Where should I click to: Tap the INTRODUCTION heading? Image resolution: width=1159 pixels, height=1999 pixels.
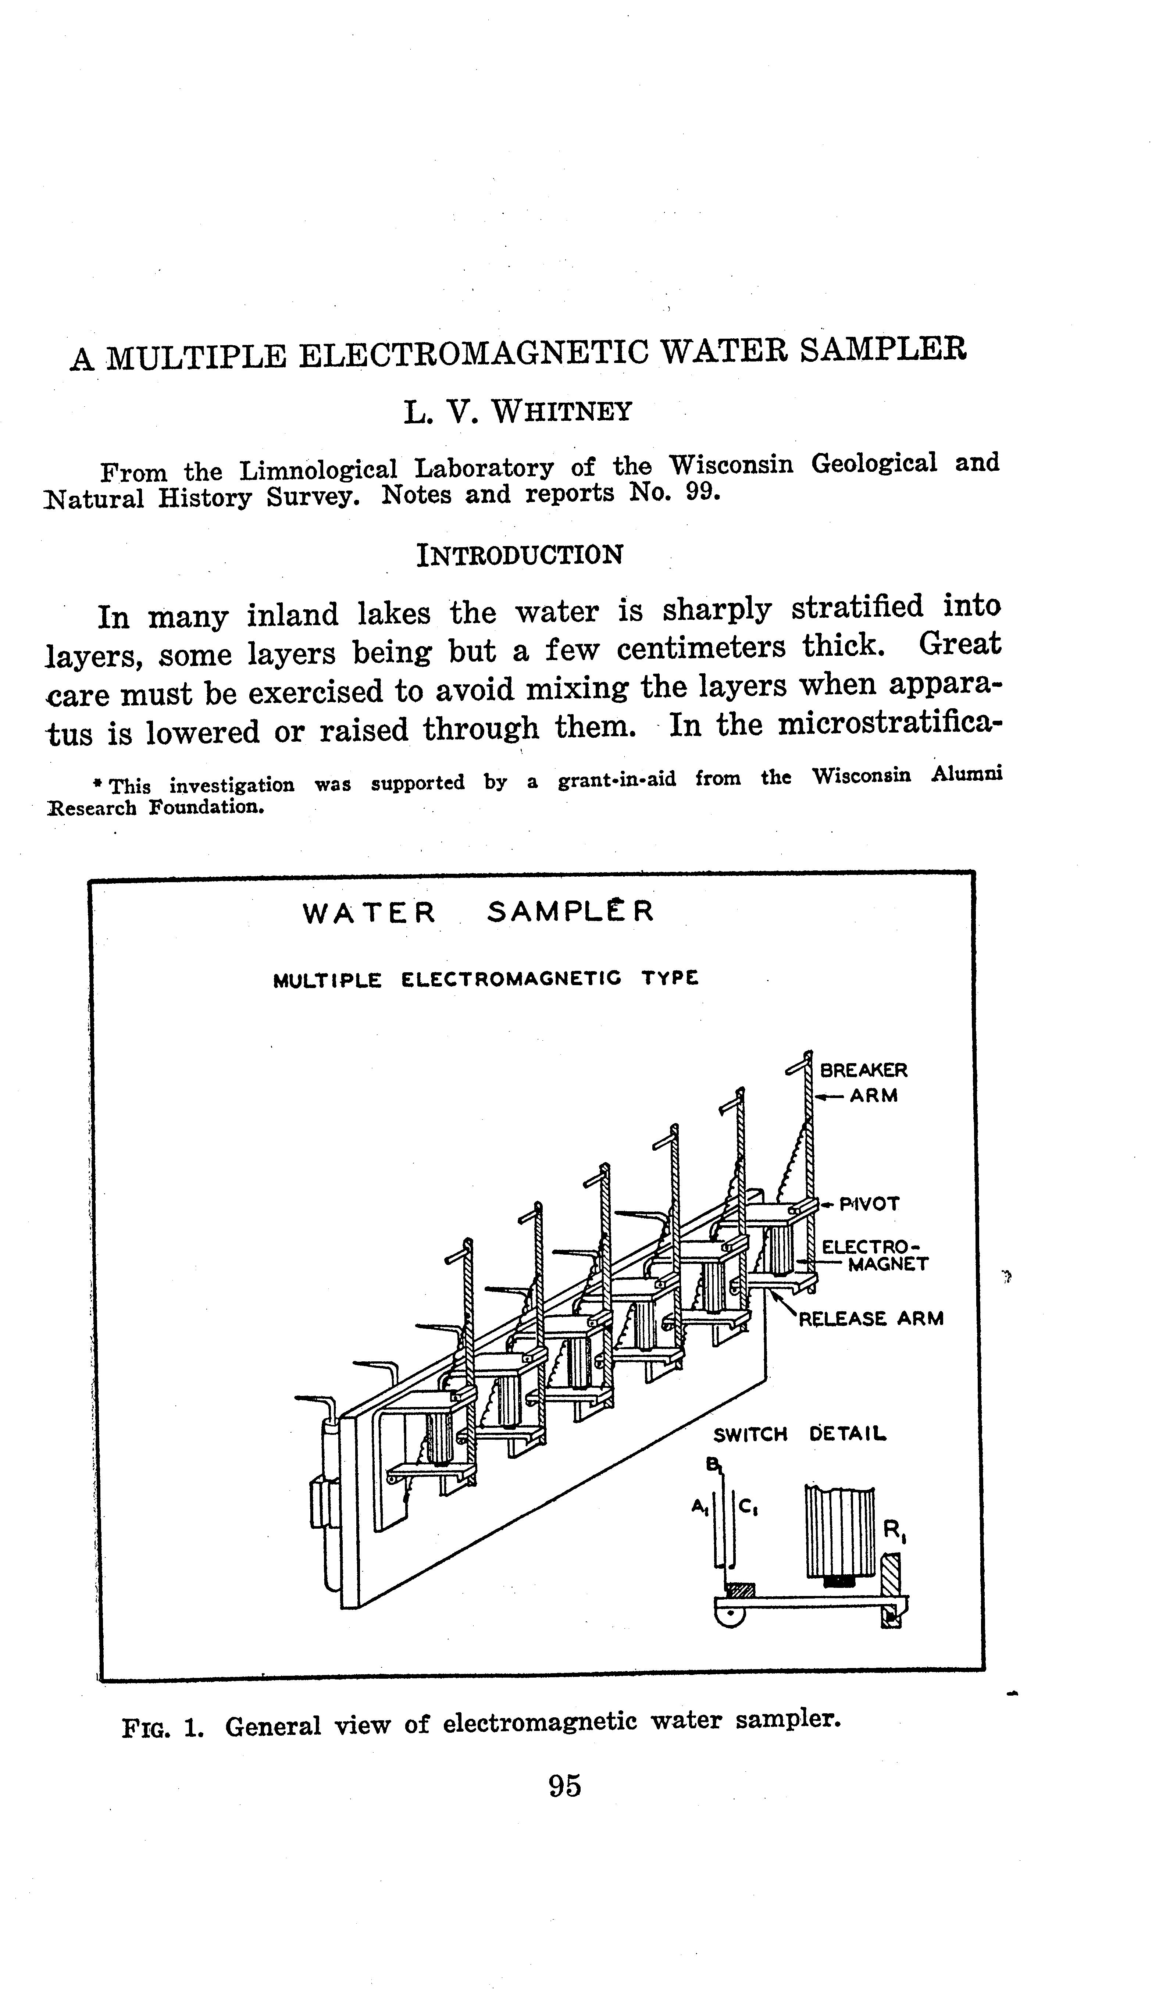pos(520,555)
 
